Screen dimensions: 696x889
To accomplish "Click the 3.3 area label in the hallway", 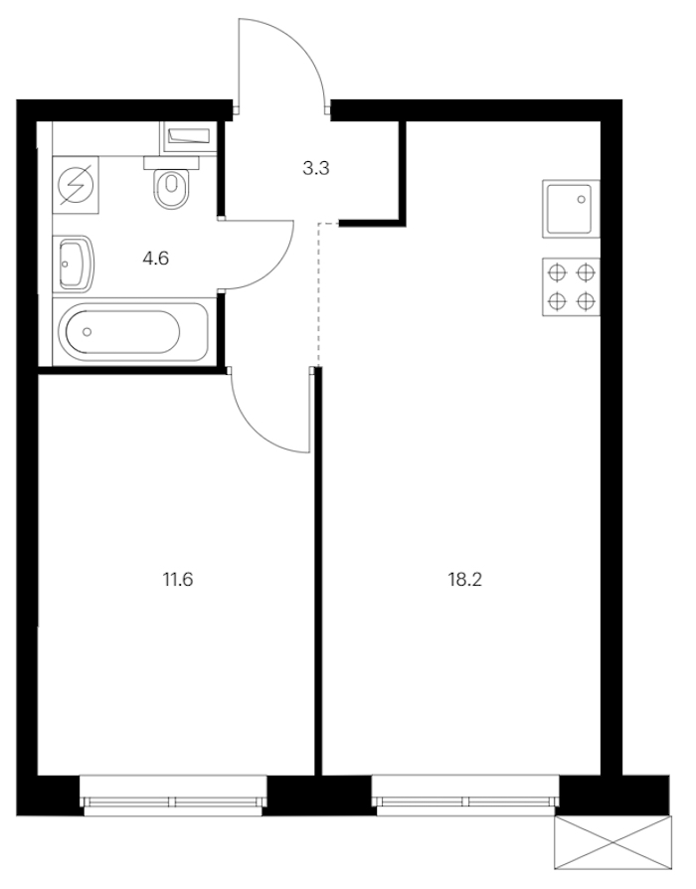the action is [x=316, y=168].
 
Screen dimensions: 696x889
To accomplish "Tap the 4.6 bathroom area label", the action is [x=156, y=260].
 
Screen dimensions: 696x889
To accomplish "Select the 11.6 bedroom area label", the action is [x=178, y=580].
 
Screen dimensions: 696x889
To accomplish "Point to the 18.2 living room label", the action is [x=464, y=580].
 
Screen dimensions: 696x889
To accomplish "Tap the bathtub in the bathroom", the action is [x=134, y=332].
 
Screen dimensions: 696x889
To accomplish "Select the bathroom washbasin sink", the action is [x=74, y=265].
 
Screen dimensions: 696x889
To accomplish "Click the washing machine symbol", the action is [x=76, y=185].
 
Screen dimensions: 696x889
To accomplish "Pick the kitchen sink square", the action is [x=571, y=209].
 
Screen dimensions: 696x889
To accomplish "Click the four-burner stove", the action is [x=571, y=286].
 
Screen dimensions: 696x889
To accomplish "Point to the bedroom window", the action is [x=173, y=796].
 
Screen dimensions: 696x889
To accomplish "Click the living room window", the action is [x=465, y=796].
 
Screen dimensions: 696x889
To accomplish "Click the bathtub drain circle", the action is [x=87, y=332].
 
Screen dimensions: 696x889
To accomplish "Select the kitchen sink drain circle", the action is [x=582, y=199].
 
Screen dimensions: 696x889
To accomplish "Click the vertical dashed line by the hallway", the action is [x=318, y=294].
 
